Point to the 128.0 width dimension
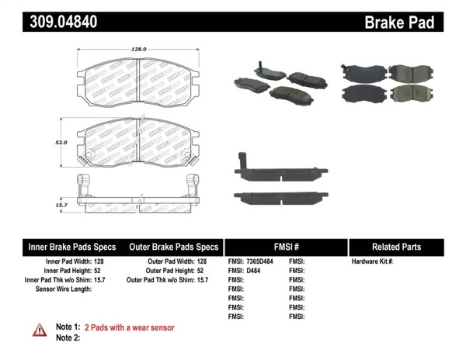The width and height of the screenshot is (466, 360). tap(138, 49)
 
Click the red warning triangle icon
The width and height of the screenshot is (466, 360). tap(39, 331)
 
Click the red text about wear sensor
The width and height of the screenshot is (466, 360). tap(129, 327)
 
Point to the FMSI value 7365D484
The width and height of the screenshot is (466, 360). tap(261, 261)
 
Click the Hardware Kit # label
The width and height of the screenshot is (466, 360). tap(373, 261)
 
